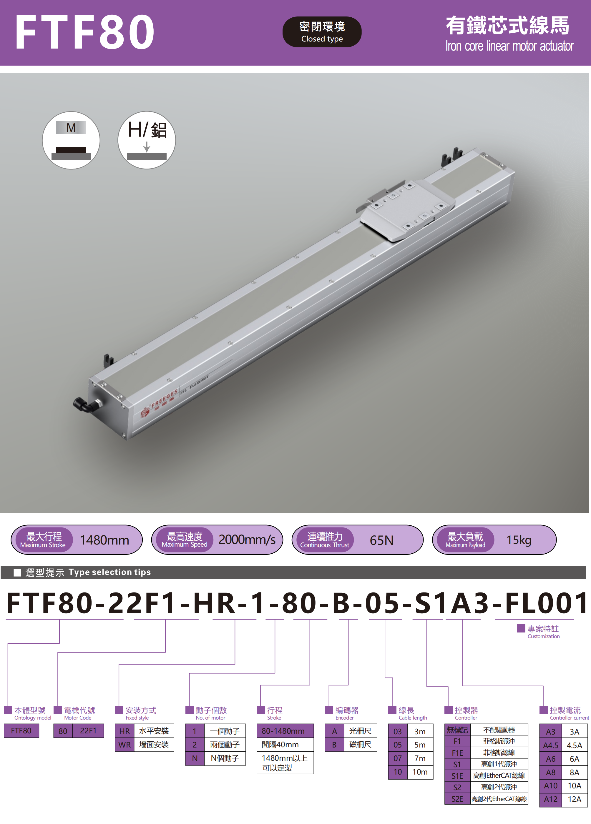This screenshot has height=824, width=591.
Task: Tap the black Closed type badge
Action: [322, 32]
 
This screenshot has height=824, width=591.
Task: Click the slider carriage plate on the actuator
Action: [407, 211]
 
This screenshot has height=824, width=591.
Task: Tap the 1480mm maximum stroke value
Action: [104, 540]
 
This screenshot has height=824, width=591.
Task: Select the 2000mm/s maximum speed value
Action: [247, 540]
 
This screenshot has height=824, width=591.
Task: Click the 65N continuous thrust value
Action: [382, 540]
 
